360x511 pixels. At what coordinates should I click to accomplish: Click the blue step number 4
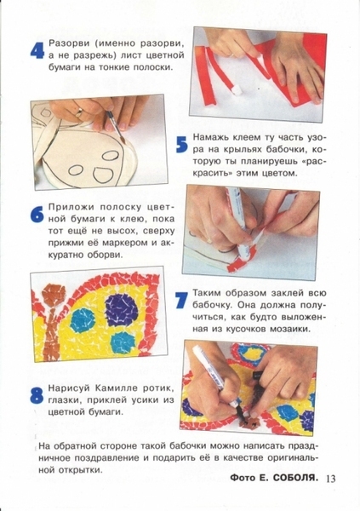click(x=37, y=51)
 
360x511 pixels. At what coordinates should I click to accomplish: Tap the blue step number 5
click(x=181, y=145)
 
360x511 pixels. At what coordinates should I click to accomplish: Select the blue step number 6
click(x=37, y=215)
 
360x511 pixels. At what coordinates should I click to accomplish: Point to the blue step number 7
click(x=181, y=300)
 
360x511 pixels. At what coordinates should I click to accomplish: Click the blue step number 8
click(x=37, y=396)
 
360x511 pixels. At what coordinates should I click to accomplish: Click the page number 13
click(x=329, y=479)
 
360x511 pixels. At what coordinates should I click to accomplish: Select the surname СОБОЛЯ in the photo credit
click(x=294, y=478)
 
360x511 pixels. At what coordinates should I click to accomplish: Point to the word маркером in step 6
click(x=127, y=243)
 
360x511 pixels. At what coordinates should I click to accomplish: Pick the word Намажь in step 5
click(x=209, y=137)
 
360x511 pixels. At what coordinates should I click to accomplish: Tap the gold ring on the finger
click(x=80, y=112)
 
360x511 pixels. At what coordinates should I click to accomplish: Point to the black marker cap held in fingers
click(x=257, y=375)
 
